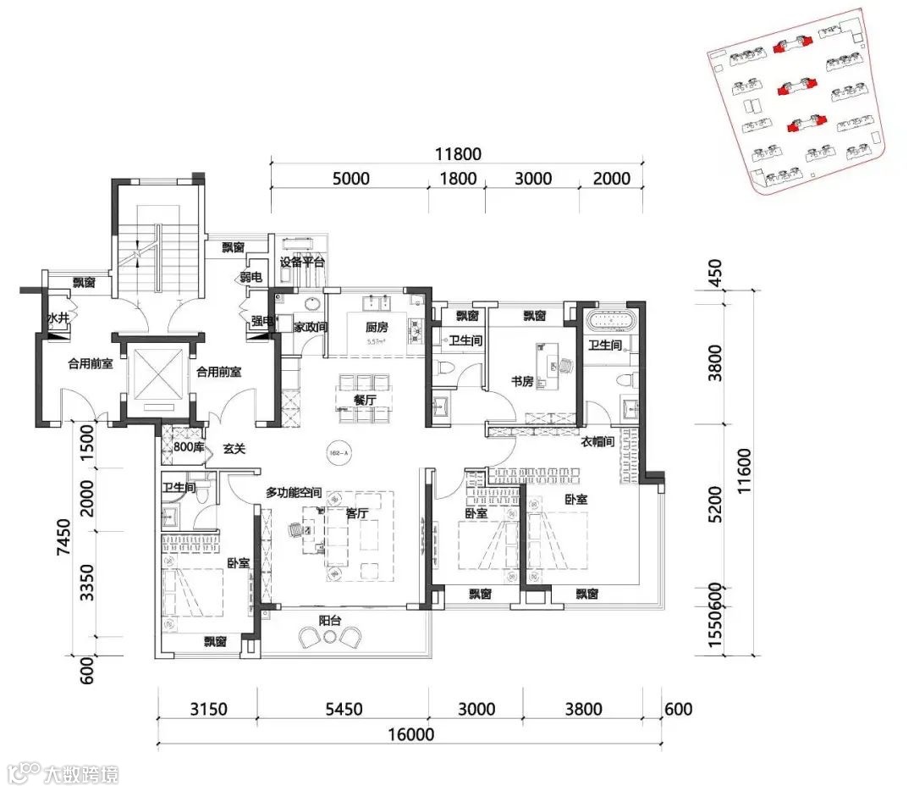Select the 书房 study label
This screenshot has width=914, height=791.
[522, 382]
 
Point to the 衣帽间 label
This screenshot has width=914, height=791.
[597, 441]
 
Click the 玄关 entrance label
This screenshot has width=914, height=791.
[234, 448]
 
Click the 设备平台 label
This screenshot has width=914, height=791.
[303, 263]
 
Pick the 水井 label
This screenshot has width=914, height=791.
[57, 318]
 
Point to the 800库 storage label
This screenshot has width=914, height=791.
[188, 447]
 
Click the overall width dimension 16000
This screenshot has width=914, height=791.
[411, 735]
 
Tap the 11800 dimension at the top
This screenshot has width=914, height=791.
[458, 154]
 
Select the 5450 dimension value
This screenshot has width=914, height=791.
[343, 710]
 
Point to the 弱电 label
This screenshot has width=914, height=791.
[251, 277]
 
